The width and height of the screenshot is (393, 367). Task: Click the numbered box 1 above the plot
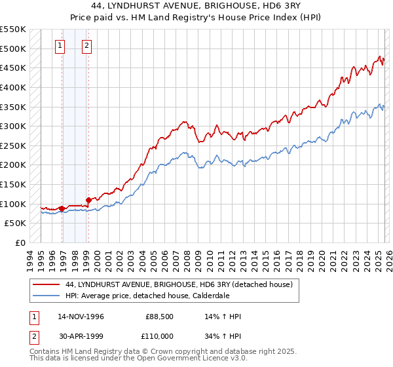pos(60,46)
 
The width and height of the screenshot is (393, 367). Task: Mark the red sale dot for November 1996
pos(62,208)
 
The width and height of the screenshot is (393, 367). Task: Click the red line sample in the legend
pos(46,284)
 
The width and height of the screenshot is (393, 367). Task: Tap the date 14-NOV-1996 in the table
pos(81,317)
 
